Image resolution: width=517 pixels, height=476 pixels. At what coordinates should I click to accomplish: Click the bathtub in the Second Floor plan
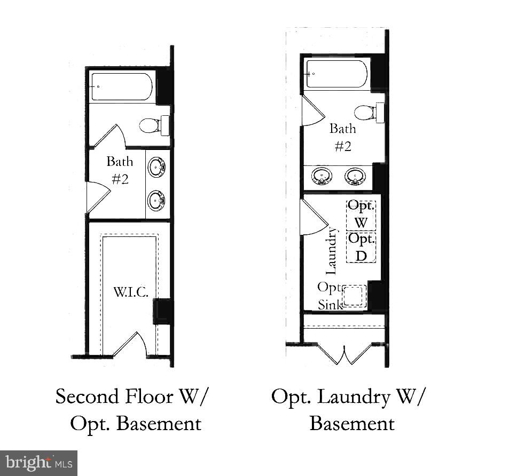[122, 86]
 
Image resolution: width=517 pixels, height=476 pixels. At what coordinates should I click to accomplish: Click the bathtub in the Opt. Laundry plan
[336, 74]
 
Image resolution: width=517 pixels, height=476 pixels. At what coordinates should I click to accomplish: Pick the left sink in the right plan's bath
[321, 176]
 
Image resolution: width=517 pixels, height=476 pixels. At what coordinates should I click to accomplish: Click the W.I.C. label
[130, 292]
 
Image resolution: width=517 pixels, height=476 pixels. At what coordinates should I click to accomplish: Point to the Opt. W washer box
[362, 215]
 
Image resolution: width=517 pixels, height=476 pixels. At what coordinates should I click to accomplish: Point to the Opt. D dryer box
[362, 247]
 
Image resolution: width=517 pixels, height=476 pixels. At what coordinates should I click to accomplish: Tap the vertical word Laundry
[332, 248]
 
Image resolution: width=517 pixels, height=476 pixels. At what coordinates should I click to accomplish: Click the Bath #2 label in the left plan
[120, 170]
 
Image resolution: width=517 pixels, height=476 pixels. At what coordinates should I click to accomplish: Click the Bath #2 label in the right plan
[342, 137]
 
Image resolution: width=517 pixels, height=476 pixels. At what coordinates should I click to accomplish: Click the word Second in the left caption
[89, 397]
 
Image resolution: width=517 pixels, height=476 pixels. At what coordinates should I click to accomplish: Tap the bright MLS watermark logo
[39, 462]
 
